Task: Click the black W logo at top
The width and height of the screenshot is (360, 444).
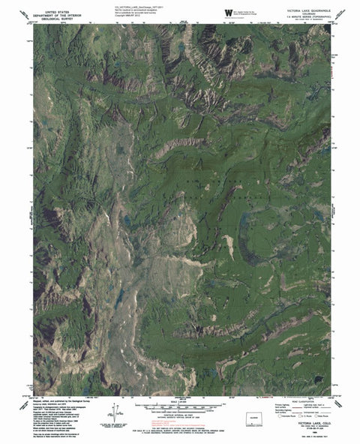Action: [227, 11]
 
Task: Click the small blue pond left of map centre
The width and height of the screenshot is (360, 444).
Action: [127, 220]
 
